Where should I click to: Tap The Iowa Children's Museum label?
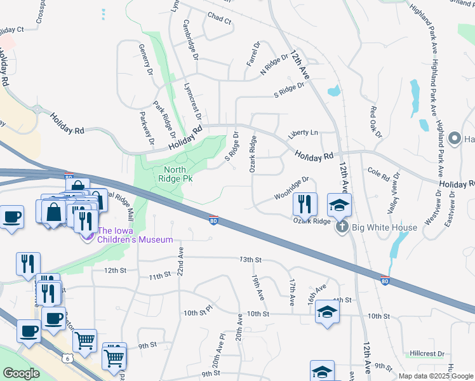130,235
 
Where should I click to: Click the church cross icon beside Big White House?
342,227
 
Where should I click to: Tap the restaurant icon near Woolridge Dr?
305,204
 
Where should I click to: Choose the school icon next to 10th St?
327,312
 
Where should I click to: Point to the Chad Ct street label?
220,20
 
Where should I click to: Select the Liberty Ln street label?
302,133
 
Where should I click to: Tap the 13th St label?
250,260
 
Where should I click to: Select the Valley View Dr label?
393,192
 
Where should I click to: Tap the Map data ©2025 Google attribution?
435,376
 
